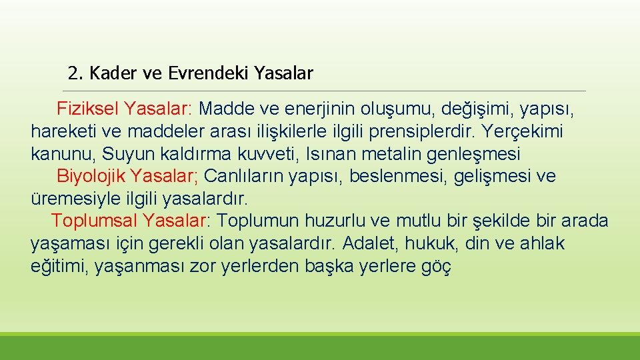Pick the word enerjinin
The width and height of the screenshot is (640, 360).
tap(314, 108)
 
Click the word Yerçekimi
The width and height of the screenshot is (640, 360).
tap(523, 131)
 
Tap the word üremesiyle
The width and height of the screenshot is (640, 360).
tap(69, 199)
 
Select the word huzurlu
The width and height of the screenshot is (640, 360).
tap(335, 221)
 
